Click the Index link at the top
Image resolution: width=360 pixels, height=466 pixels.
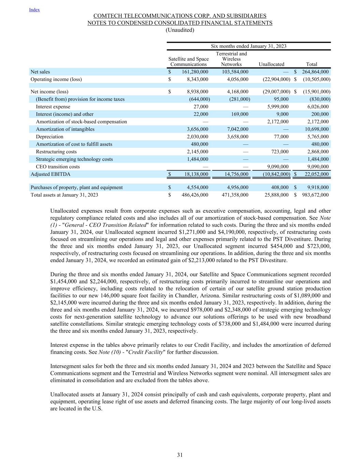(x=34, y=10)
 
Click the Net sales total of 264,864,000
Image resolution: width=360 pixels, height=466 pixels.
(x=315, y=72)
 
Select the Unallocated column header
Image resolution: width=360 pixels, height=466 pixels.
(x=271, y=64)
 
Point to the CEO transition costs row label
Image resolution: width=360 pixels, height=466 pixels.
(x=58, y=167)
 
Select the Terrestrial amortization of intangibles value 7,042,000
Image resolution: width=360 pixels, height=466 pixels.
(x=237, y=129)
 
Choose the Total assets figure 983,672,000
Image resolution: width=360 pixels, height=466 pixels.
(x=315, y=195)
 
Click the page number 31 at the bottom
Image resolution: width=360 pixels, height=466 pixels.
(x=180, y=455)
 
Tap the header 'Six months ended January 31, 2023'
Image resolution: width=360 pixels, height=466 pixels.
(x=248, y=46)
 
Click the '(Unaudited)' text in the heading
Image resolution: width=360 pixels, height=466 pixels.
(x=180, y=30)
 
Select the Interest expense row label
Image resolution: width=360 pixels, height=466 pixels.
(x=53, y=107)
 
